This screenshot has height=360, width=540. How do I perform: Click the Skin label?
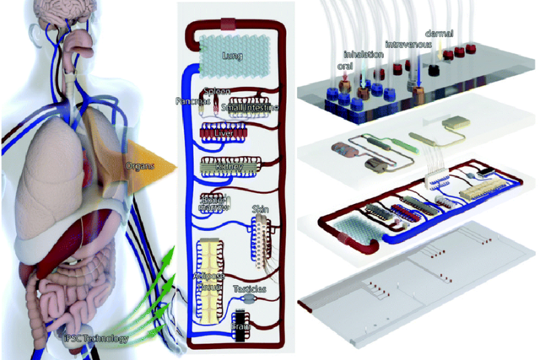pyautogui.click(x=261, y=210)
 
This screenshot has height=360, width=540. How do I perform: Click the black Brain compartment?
pyautogui.click(x=242, y=324)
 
